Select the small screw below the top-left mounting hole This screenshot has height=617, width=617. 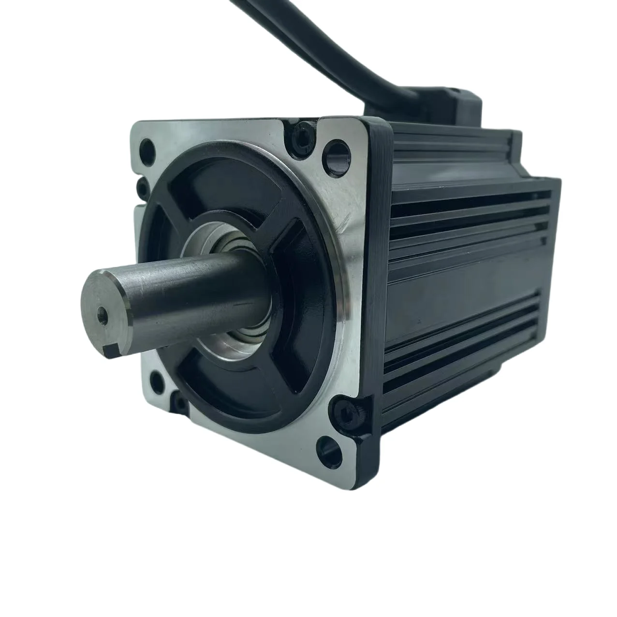pyautogui.click(x=141, y=186)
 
